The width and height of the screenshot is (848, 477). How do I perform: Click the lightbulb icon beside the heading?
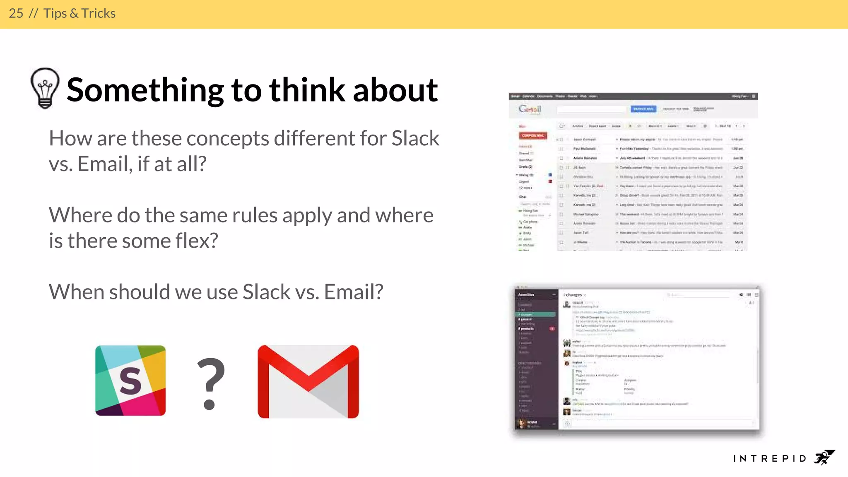(x=45, y=88)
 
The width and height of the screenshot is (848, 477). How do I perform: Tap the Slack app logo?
(x=130, y=380)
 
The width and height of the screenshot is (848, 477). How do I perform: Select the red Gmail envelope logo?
(x=308, y=381)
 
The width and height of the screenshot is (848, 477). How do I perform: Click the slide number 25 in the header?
(x=16, y=14)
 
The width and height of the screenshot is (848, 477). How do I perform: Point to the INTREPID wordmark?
(x=770, y=458)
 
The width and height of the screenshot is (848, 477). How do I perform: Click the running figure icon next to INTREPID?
(x=824, y=457)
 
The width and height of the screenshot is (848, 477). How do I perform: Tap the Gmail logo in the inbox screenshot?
(x=530, y=109)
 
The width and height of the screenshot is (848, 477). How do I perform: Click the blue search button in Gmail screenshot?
(x=643, y=109)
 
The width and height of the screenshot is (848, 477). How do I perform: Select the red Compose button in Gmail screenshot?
(x=533, y=135)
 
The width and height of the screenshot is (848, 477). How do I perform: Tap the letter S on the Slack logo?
(x=130, y=381)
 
